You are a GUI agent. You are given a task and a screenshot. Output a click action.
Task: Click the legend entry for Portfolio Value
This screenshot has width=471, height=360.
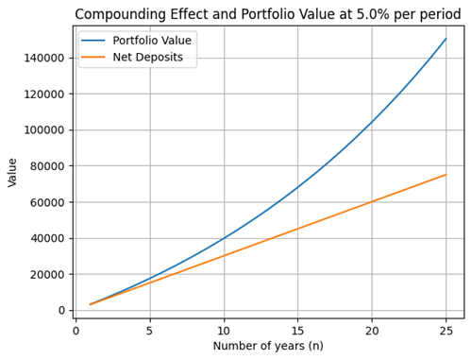152,41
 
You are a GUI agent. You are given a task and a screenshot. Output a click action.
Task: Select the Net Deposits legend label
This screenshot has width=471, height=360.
148,57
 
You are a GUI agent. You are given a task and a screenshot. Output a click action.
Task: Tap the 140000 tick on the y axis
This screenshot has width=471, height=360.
44,58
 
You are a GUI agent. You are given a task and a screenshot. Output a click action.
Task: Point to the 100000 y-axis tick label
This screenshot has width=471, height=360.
44,130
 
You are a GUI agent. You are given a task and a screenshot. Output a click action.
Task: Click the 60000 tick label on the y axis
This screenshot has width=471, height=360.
47,202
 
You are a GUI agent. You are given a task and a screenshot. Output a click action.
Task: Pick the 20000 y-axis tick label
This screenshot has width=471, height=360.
47,274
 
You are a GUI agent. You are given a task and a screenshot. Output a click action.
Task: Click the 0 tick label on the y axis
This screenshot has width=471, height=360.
61,310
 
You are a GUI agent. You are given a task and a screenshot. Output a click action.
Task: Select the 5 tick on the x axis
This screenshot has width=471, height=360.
150,331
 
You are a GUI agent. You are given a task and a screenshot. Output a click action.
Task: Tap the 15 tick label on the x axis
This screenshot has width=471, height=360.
297,331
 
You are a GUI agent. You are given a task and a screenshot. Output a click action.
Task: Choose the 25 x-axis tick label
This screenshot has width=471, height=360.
446,331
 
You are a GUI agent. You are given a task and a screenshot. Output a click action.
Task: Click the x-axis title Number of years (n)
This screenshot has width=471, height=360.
268,346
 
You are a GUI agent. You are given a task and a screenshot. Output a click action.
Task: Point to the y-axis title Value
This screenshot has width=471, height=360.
12,173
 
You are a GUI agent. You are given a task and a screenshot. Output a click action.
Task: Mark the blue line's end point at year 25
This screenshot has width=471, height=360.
446,39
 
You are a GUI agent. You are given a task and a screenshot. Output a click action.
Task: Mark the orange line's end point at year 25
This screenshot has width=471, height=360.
446,175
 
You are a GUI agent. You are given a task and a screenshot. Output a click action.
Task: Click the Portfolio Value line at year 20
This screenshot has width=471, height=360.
372,122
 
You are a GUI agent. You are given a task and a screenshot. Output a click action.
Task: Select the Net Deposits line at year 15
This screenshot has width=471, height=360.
297,229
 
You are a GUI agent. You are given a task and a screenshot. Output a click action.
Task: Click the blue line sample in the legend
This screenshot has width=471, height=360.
93,41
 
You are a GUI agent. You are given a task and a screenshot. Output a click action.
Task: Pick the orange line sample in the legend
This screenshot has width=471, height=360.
93,57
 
